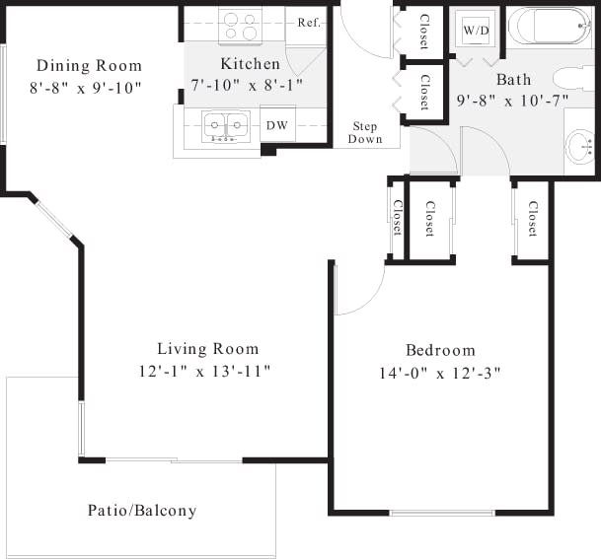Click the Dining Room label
[x=89, y=66]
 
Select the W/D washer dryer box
[x=476, y=32]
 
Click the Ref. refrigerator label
[x=310, y=23]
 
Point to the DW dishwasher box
[x=277, y=125]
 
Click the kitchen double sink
[x=226, y=125]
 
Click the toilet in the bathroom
[x=573, y=78]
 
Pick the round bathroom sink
[x=580, y=149]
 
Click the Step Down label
[x=365, y=133]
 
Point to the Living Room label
[x=207, y=349]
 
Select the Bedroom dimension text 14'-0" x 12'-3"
[x=440, y=373]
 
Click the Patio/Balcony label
[x=142, y=511]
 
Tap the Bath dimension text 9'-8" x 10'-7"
[x=513, y=101]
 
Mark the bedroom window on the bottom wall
[x=441, y=513]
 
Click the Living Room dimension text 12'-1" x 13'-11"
[x=205, y=372]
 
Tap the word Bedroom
[x=440, y=350]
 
